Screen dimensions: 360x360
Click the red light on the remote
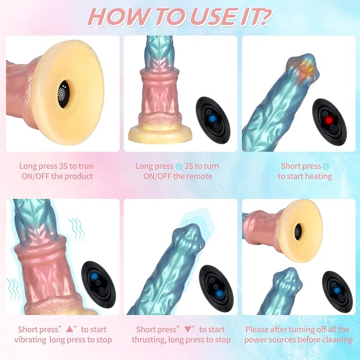pyautogui.click(x=329, y=120)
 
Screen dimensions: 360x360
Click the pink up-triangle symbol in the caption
pyautogui.click(x=69, y=330)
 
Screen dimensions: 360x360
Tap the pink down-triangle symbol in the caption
pyautogui.click(x=188, y=330)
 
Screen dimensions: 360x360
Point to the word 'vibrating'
pyautogui.click(x=30, y=340)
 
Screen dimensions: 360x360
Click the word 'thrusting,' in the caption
pyautogui.click(x=149, y=340)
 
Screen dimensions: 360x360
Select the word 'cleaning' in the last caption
pyautogui.click(x=337, y=340)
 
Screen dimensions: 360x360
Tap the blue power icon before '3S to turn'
pyautogui.click(x=179, y=166)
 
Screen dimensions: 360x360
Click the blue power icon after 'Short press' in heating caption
pyautogui.click(x=326, y=166)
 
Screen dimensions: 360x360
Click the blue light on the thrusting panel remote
pyautogui.click(x=219, y=294)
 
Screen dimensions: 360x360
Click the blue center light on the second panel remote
pyautogui.click(x=213, y=118)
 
